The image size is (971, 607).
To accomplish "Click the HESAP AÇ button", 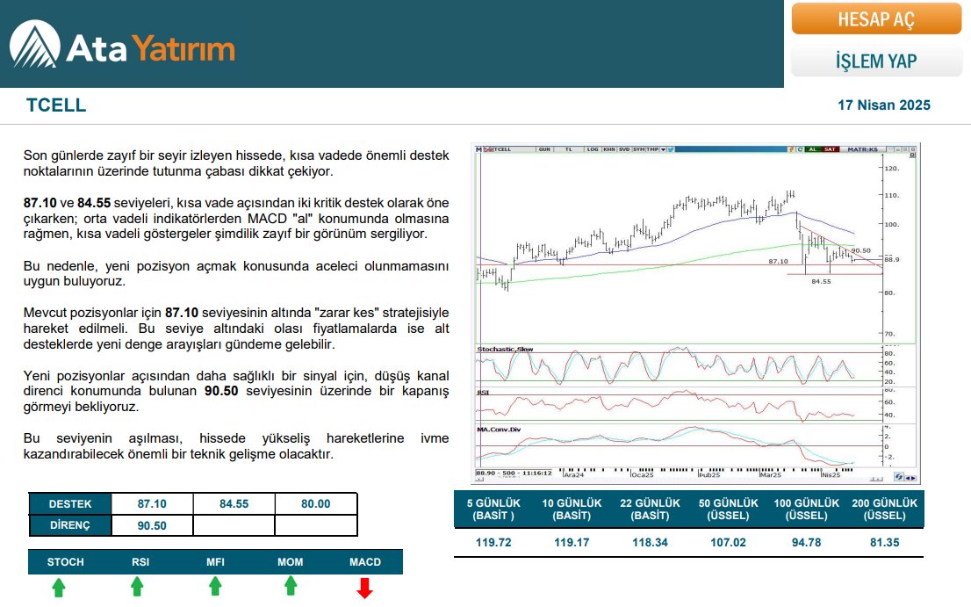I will pos(875,19).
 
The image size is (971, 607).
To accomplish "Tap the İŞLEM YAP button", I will pos(875,61).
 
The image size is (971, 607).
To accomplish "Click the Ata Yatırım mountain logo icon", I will pos(35,45).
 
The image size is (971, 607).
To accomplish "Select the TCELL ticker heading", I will pos(56,105).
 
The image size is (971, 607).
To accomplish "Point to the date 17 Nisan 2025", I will pos(884,105).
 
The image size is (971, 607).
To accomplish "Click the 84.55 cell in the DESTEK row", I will pos(234,504).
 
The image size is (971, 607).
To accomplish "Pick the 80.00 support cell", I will pos(315,504).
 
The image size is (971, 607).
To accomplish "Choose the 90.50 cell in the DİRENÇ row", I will pos(152,525).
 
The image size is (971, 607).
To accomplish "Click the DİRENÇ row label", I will pos(70,525).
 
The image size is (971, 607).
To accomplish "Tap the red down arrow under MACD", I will pos(364,588).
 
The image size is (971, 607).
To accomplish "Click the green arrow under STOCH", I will pos(58,588).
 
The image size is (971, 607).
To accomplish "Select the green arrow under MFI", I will pos(215,588).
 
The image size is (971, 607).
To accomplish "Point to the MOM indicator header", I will pos(291,561).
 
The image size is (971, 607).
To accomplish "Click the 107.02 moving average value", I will pos(728,543).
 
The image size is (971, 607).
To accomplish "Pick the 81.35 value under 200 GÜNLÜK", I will pos(884,543).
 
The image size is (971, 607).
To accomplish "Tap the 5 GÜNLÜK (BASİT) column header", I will pos(493,509).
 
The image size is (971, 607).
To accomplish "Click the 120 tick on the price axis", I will pos(892,168).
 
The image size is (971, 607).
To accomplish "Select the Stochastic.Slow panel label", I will pos(505,350).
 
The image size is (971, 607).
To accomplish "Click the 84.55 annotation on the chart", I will pos(821,281).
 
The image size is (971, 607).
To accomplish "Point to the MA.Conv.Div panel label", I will pos(500,429).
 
